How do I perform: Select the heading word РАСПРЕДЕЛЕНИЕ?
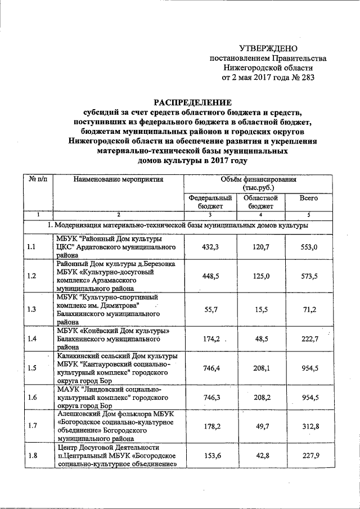(x=193, y=102)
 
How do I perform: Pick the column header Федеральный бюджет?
(x=210, y=202)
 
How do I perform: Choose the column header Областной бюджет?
(x=261, y=202)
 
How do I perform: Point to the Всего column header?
(x=309, y=198)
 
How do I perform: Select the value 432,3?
(x=210, y=247)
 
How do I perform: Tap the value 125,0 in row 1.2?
(x=261, y=276)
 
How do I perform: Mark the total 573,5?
(x=309, y=276)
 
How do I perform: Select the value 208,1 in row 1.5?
(x=261, y=368)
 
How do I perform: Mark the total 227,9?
(x=309, y=455)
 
